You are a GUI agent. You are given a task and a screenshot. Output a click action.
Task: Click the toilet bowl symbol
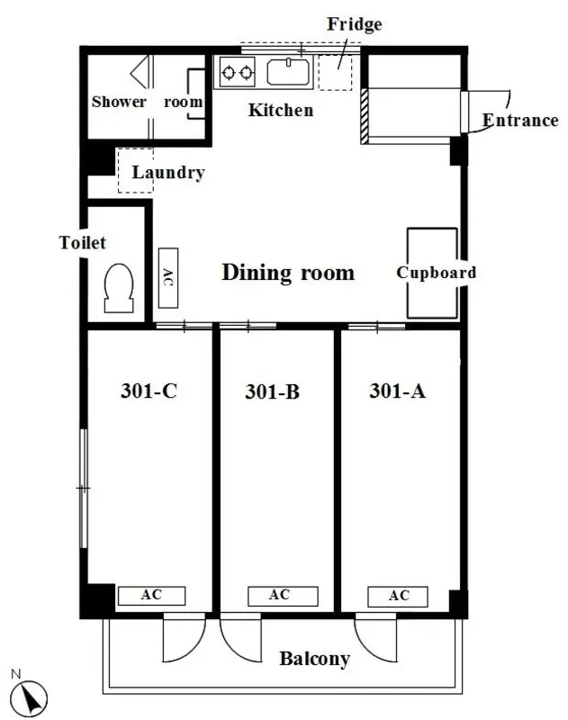119,288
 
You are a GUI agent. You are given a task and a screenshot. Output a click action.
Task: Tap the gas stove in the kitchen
237,72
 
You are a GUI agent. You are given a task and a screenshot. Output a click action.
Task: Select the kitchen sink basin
288,72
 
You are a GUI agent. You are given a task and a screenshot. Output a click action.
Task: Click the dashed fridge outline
335,72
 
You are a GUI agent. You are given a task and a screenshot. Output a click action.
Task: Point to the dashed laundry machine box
135,170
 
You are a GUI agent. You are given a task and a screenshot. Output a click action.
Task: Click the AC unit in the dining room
168,278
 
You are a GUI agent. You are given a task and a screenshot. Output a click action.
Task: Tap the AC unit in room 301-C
151,596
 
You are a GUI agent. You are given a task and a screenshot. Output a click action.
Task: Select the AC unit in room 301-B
283,596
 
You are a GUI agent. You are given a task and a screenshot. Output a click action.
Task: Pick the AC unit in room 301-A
398,597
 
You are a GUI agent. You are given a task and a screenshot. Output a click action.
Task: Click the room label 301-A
398,391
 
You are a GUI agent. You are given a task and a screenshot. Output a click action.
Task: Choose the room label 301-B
272,391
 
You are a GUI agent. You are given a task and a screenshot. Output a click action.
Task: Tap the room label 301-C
149,391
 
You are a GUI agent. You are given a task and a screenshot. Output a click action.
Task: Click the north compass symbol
30,698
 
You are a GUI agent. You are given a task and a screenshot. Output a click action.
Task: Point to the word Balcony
314,659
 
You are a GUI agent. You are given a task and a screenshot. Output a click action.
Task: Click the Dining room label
288,273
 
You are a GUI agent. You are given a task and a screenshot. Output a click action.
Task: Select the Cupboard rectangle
432,274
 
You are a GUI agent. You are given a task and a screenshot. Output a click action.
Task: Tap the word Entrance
520,121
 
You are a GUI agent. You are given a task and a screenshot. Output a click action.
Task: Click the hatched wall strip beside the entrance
365,116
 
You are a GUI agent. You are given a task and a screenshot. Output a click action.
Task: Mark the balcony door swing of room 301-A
375,638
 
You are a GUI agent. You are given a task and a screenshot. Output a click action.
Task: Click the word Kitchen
281,110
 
